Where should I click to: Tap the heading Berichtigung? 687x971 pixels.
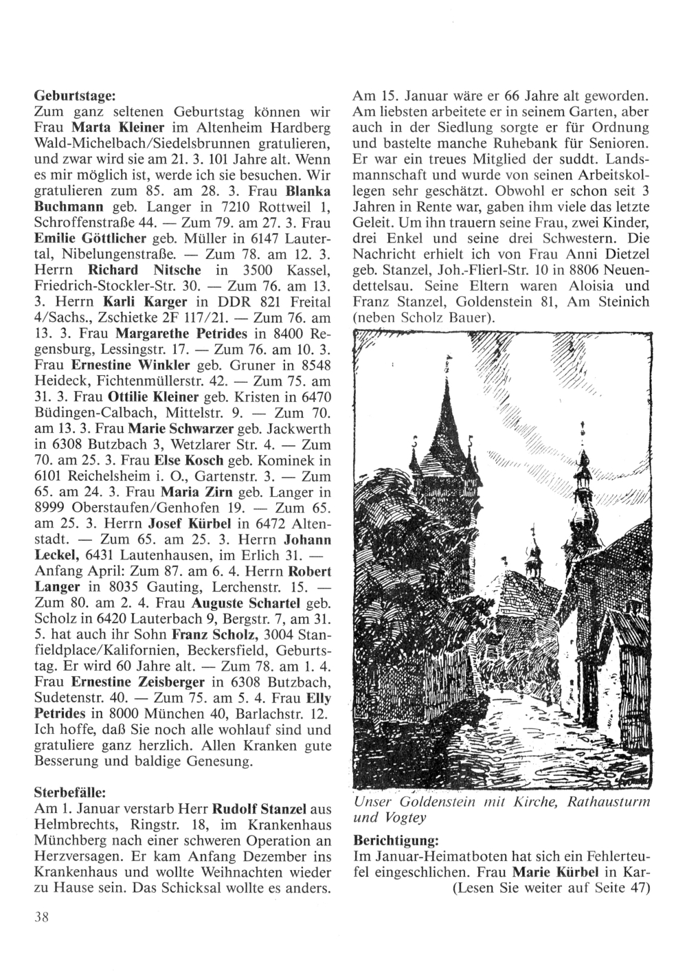tap(395, 840)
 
